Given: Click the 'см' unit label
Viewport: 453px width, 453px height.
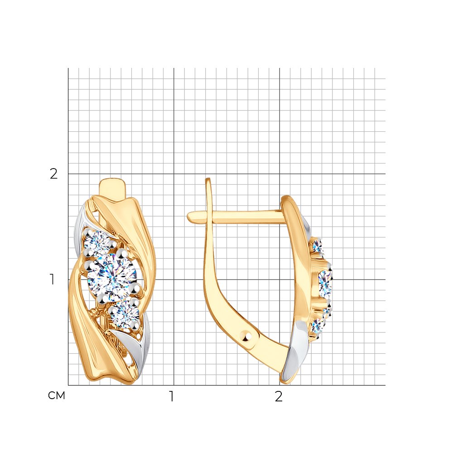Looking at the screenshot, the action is [57, 395].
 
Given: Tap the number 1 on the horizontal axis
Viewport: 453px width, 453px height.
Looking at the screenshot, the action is [172, 396].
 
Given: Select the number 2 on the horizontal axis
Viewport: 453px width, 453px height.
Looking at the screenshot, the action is [279, 396].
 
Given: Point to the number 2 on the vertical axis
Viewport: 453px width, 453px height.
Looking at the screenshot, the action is [54, 173].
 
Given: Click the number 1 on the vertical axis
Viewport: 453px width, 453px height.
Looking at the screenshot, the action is [52, 280].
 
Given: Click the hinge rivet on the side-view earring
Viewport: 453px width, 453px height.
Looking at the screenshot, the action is [246, 336].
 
